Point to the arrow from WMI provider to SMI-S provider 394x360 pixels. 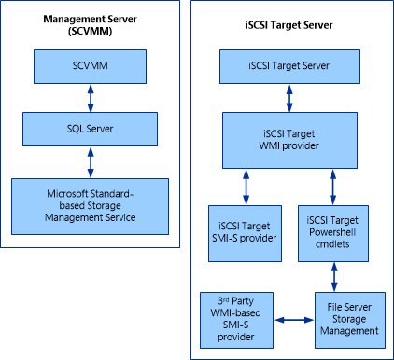pyautogui.click(x=245, y=186)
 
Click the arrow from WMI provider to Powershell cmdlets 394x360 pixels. pyautogui.click(x=332, y=186)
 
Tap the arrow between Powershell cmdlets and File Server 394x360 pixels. pyautogui.click(x=332, y=275)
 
